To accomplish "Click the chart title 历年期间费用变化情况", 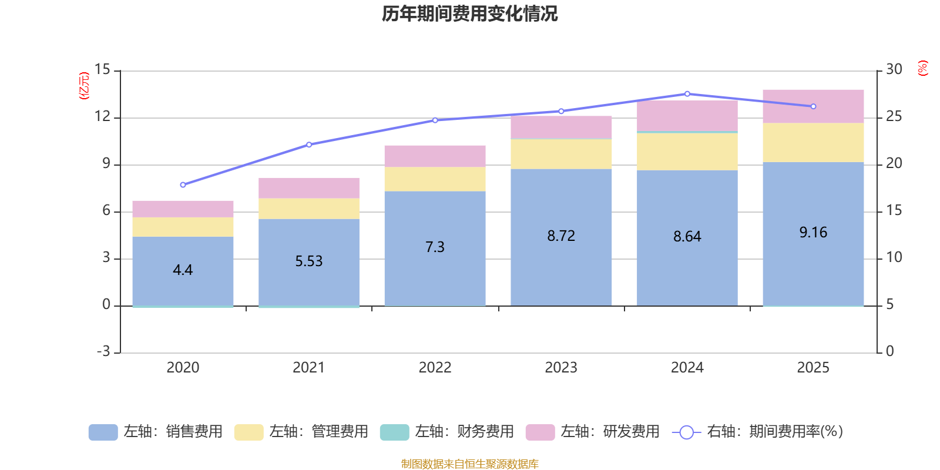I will coord(469,14).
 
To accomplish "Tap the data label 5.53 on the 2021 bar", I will coord(308,261).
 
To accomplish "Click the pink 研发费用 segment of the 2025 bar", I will coord(813,106).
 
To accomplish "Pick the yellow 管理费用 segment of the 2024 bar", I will coord(687,152).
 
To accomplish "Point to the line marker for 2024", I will coord(687,94).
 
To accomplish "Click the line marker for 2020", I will coord(183,184).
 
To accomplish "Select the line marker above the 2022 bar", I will coord(435,120).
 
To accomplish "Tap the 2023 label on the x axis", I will coord(560,368).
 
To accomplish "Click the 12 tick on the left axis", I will coord(102,117).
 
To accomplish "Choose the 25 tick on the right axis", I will coord(894,117).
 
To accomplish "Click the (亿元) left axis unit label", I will coord(84,86).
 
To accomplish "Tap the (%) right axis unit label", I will coord(922,68).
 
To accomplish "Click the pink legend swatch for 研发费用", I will coord(540,432).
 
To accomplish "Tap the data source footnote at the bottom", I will coord(469,464).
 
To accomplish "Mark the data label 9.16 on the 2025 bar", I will coord(813,233).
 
